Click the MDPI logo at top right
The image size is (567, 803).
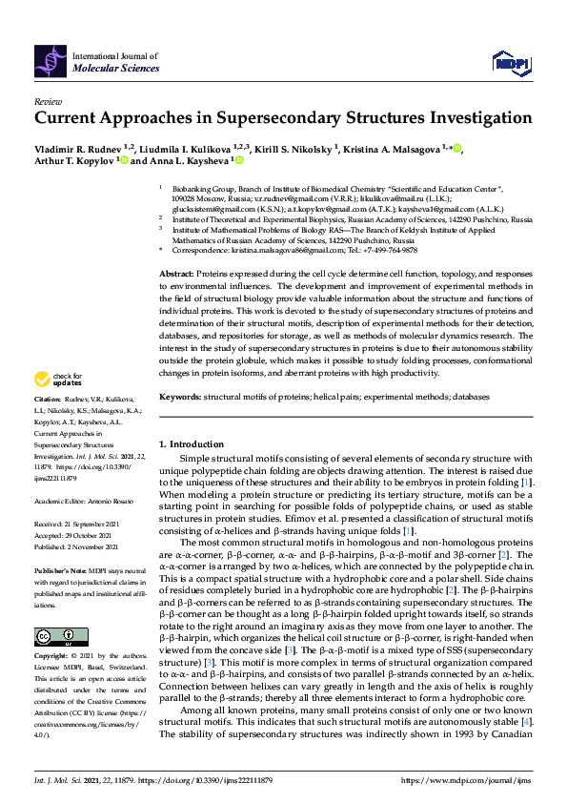510,64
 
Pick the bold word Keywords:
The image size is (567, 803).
180,395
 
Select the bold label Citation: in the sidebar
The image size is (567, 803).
48,423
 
